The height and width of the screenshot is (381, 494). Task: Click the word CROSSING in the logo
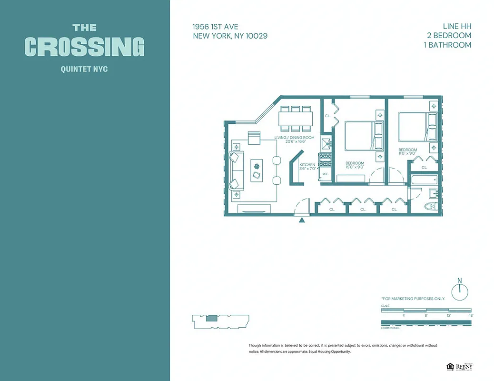(84, 47)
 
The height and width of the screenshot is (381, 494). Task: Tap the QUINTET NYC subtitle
(84, 70)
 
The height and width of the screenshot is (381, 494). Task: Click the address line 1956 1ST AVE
(216, 27)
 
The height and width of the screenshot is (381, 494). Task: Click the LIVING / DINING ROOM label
(294, 138)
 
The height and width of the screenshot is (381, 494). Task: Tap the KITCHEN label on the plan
(307, 164)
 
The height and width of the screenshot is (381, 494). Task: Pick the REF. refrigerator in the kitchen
(326, 175)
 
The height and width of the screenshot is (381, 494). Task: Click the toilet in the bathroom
(431, 207)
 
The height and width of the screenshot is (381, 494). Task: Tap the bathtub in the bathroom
(424, 180)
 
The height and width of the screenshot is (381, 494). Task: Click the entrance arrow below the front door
(301, 220)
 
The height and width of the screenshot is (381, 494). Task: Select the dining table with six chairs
(296, 118)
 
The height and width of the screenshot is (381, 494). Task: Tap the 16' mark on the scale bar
(471, 315)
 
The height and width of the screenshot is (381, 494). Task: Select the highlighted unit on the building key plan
(211, 318)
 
